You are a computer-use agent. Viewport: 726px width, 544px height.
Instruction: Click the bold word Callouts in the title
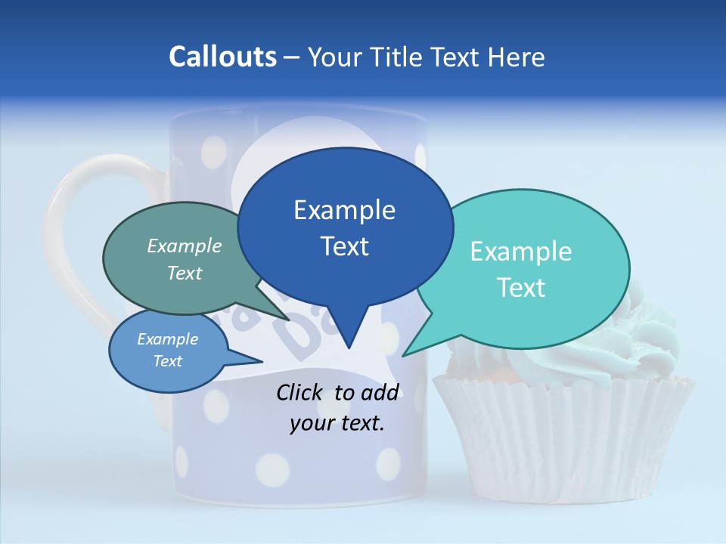[222, 57]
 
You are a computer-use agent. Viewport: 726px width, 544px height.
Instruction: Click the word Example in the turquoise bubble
[521, 252]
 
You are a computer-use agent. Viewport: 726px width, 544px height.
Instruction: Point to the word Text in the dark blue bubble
[345, 246]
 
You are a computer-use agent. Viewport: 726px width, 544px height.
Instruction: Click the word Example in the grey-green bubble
[185, 246]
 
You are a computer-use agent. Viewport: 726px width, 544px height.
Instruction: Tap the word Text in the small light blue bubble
[168, 361]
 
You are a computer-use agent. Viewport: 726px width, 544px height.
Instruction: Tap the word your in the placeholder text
[312, 423]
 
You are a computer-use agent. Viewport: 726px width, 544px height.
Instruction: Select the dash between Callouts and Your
[291, 57]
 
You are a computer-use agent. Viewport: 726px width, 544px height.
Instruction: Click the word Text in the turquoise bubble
[521, 288]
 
